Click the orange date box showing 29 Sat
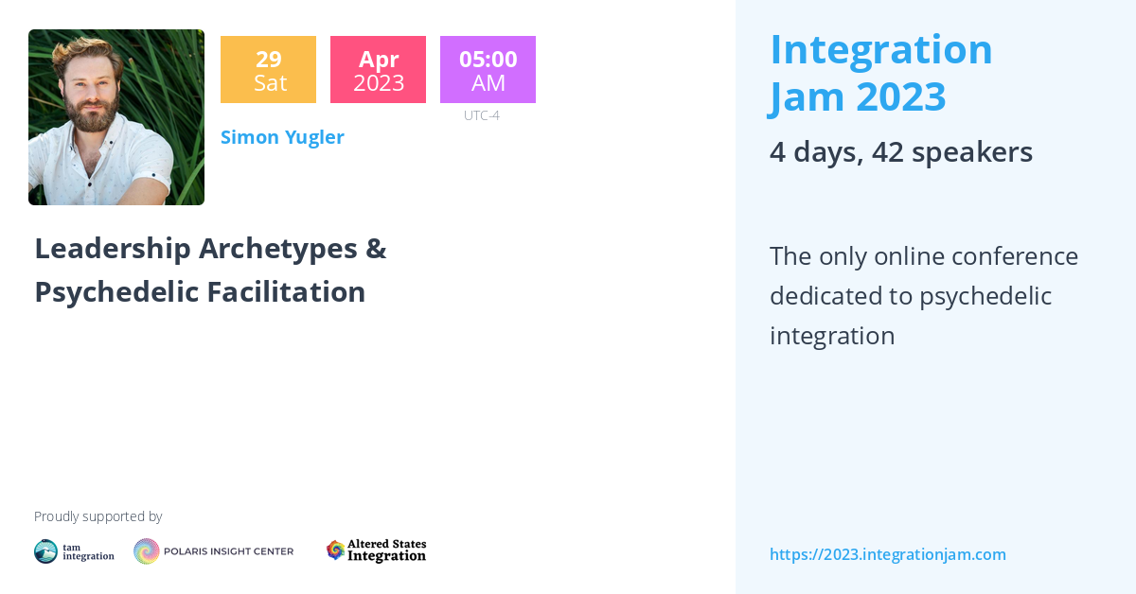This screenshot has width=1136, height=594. point(268,70)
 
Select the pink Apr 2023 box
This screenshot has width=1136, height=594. point(378,70)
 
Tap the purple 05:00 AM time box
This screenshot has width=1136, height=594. point(488,70)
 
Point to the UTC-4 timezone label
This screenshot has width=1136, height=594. point(481,115)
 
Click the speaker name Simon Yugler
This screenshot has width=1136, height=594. point(282,137)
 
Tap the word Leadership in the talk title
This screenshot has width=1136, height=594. point(112,249)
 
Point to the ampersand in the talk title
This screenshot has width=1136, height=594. point(375,249)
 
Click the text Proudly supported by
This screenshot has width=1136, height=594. point(98,516)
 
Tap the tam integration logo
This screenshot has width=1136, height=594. point(74,551)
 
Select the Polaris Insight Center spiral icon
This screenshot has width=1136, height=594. point(147,551)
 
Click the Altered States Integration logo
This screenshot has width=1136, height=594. point(376,550)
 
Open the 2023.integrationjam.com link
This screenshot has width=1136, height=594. point(887,554)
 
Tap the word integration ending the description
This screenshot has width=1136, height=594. point(831,336)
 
